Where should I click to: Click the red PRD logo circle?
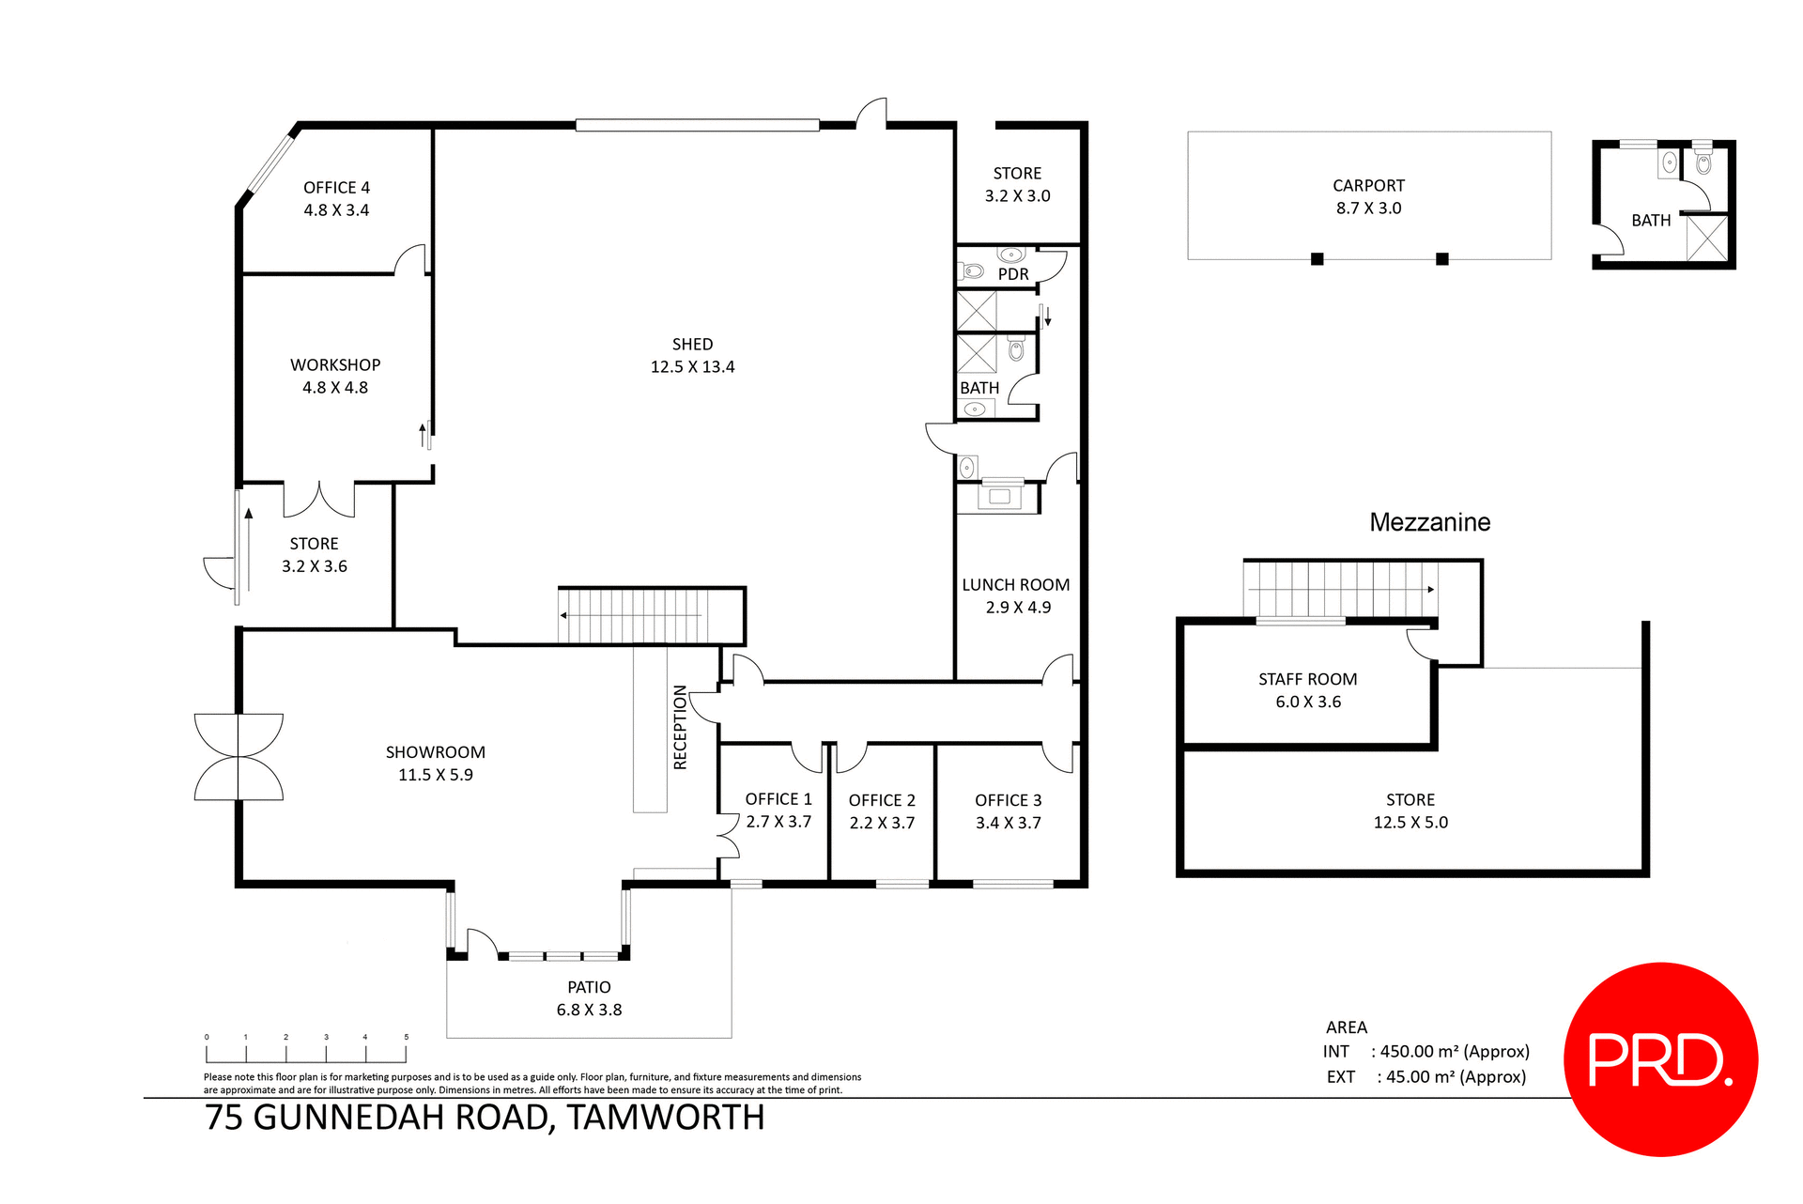[x=1659, y=1059]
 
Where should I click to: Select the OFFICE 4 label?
[x=336, y=189]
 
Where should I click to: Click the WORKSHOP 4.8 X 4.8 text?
[x=335, y=376]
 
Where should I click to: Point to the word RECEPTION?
[x=681, y=728]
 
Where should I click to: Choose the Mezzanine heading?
[x=1429, y=523]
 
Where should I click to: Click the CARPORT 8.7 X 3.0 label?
[x=1368, y=197]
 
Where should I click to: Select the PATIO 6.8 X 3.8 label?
[x=589, y=998]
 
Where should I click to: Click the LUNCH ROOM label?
[x=1015, y=585]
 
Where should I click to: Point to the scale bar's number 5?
[x=407, y=1038]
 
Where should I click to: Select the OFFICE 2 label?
[x=882, y=801]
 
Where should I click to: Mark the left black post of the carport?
[x=1317, y=259]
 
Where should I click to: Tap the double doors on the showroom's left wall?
[x=239, y=757]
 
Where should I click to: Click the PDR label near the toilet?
[x=1013, y=274]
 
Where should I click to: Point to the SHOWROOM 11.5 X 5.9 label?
[x=435, y=764]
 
